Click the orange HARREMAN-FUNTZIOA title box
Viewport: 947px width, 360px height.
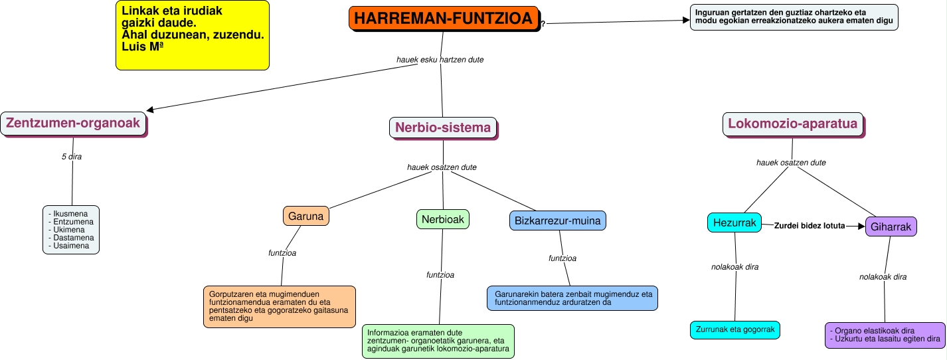pyautogui.click(x=442, y=19)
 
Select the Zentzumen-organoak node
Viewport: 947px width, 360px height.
pyautogui.click(x=73, y=123)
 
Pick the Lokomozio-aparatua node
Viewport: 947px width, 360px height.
pyautogui.click(x=793, y=124)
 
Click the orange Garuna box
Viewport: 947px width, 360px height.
pyautogui.click(x=306, y=216)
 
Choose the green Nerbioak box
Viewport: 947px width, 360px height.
pyautogui.click(x=443, y=219)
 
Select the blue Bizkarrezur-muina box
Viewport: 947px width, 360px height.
pyautogui.click(x=558, y=220)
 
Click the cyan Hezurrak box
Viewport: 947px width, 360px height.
pyautogui.click(x=734, y=223)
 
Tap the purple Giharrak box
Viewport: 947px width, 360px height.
pyautogui.click(x=891, y=226)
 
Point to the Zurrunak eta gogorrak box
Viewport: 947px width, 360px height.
pyautogui.click(x=734, y=329)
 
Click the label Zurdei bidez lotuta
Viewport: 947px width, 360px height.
pyautogui.click(x=809, y=226)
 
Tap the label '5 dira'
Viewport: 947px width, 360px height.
pyautogui.click(x=71, y=157)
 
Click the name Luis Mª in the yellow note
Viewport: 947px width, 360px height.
pyautogui.click(x=143, y=46)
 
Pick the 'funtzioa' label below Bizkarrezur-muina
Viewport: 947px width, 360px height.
pyautogui.click(x=562, y=258)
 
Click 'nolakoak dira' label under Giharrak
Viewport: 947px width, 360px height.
pyautogui.click(x=883, y=277)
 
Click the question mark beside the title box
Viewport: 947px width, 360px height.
pyautogui.click(x=543, y=25)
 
